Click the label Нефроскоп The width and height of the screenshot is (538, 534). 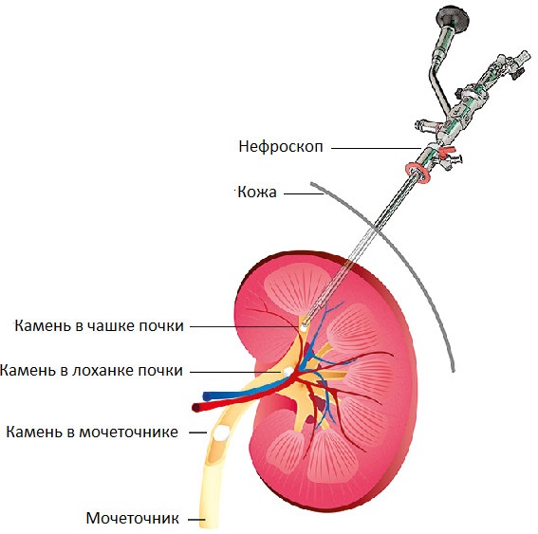pos(281,147)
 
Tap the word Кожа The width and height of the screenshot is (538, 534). pos(257,192)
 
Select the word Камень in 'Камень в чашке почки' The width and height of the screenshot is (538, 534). pos(44,325)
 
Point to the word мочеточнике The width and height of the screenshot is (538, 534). pos(129,433)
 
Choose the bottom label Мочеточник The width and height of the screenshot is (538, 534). pos(133,518)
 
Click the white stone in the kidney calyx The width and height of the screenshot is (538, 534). pos(304,326)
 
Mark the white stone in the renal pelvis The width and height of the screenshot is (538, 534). pos(288,372)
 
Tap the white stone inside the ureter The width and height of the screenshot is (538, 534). pos(221,433)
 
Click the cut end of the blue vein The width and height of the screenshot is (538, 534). pos(207,396)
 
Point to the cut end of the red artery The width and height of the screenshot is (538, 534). pos(196,408)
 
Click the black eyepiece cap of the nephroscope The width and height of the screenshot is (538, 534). pos(452,16)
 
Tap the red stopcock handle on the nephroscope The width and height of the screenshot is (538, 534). pos(447,151)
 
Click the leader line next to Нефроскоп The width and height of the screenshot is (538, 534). pos(377,148)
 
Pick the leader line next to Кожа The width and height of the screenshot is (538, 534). pos(304,193)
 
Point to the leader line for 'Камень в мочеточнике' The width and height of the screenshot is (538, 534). pos(197,433)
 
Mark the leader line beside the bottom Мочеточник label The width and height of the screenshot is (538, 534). pos(196,520)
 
